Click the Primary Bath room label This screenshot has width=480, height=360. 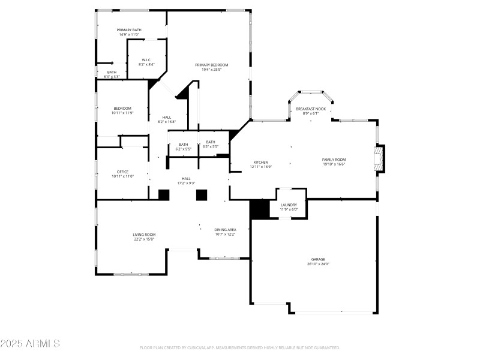(x=129, y=32)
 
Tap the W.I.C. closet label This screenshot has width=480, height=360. (x=147, y=62)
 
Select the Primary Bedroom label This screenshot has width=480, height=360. (x=211, y=67)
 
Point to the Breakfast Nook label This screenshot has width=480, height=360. (x=311, y=111)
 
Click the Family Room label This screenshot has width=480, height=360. (x=334, y=162)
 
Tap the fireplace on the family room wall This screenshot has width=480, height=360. (x=378, y=159)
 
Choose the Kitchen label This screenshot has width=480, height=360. (x=260, y=164)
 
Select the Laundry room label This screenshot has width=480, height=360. (x=289, y=207)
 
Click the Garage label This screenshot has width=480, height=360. (x=318, y=262)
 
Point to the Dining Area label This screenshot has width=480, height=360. (x=225, y=232)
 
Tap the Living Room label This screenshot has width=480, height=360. (x=144, y=237)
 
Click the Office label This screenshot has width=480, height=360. (x=122, y=174)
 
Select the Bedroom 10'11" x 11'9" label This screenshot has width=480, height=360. (x=122, y=110)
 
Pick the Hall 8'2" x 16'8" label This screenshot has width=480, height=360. (x=167, y=119)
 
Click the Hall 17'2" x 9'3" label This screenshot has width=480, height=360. (x=186, y=181)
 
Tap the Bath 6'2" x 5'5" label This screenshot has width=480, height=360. (x=183, y=146)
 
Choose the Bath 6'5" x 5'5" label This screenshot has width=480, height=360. (x=211, y=144)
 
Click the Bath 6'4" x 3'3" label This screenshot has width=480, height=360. (x=112, y=74)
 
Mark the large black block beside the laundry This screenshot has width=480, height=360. (x=260, y=209)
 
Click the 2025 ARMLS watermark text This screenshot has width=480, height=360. (x=30, y=344)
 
